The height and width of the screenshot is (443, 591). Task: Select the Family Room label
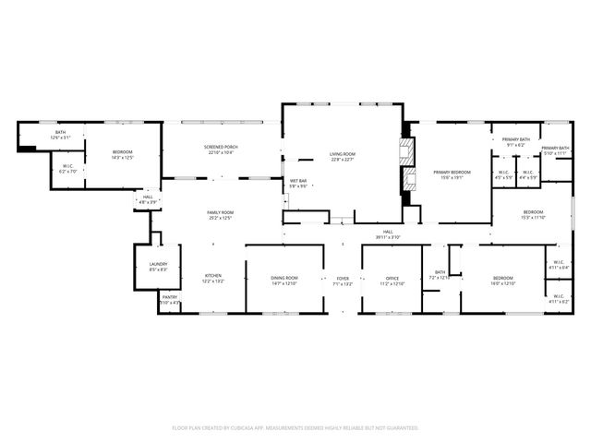(220, 213)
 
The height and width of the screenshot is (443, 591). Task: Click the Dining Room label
(284, 279)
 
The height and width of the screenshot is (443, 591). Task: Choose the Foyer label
(343, 279)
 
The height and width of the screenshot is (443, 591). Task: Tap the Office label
(392, 279)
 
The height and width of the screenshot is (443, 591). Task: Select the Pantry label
(169, 297)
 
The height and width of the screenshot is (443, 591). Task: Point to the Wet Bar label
(298, 181)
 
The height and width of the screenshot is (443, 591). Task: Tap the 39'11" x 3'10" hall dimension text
(389, 237)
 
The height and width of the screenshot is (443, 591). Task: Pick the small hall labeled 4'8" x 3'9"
(148, 198)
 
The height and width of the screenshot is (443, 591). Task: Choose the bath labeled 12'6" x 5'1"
(60, 134)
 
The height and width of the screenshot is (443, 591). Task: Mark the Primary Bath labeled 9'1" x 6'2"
(514, 140)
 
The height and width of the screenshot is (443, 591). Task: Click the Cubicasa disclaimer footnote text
(295, 428)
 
